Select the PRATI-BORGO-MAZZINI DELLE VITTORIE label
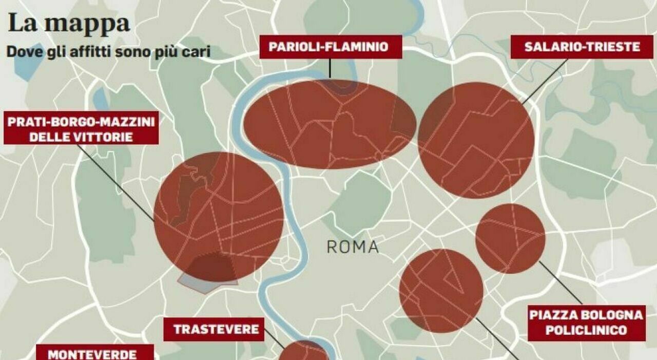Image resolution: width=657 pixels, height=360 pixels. point(81,129)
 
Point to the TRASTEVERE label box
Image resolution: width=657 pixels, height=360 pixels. point(216,329)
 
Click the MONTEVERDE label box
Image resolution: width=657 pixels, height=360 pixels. point(92,353)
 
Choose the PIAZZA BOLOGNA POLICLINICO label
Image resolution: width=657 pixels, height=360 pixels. point(586,323)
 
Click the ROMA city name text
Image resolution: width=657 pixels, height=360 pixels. point(353,247)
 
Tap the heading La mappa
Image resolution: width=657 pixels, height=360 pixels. point(69,24)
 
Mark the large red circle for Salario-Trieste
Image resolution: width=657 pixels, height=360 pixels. point(476,140)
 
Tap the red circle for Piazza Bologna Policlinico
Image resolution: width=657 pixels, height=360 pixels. point(510,238)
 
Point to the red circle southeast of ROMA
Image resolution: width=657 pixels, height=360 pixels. point(441,291)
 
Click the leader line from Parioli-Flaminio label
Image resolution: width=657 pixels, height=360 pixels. point(331,67)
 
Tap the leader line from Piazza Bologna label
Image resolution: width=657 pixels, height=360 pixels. point(561,282)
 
